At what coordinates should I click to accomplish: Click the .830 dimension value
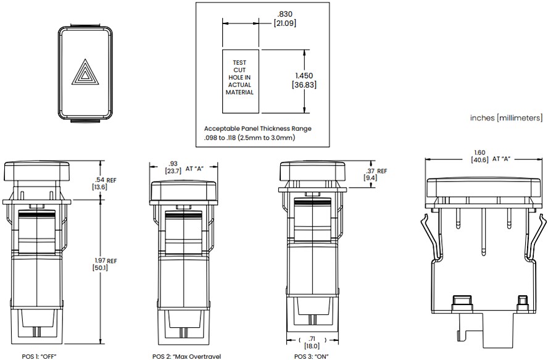click(284, 14)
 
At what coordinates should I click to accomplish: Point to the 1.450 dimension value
click(304, 75)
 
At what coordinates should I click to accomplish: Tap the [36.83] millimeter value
click(304, 85)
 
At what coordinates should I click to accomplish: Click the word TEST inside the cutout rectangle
click(239, 62)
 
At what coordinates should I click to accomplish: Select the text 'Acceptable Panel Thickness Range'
click(257, 128)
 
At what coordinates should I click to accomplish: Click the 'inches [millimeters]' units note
click(506, 117)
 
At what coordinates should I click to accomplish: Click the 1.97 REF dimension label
click(104, 261)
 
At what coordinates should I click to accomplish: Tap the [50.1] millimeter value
click(101, 268)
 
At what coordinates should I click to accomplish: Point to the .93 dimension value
click(173, 164)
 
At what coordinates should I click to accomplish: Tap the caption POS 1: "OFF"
click(42, 356)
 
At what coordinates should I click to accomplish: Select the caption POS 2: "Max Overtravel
click(186, 356)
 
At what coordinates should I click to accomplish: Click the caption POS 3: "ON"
click(312, 356)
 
